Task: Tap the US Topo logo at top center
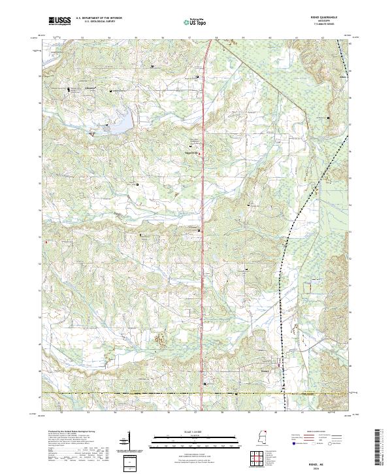[195, 22]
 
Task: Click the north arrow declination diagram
[123, 444]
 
